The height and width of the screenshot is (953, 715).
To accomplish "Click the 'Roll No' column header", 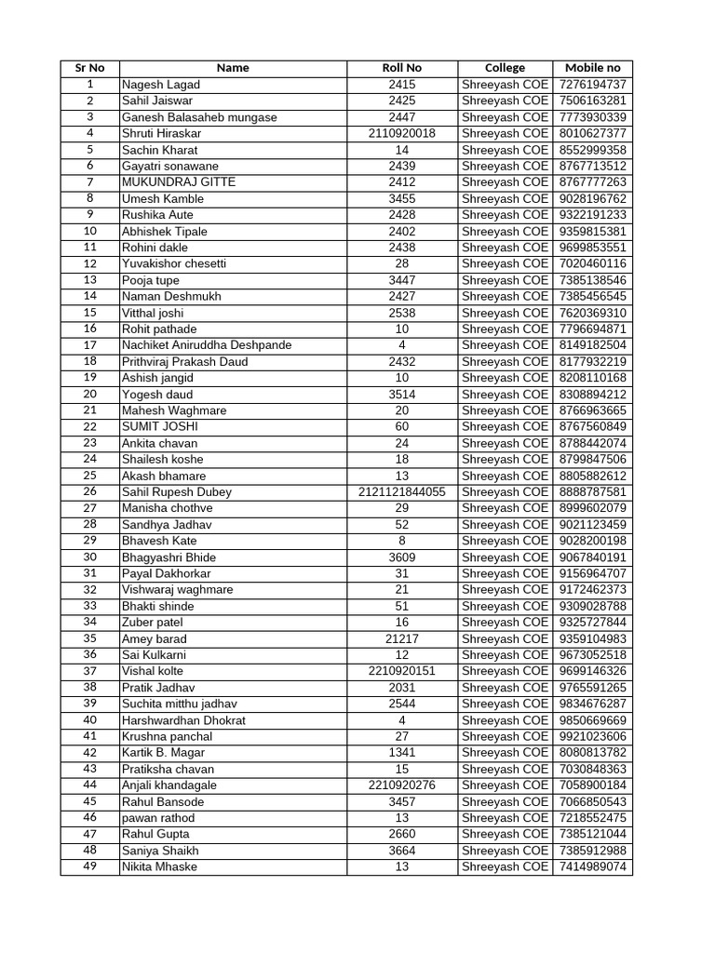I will point(401,68).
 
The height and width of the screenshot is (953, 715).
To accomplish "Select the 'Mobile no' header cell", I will point(592,68).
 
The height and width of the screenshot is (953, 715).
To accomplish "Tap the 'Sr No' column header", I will point(89,68).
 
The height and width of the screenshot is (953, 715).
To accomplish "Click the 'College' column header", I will point(505,68).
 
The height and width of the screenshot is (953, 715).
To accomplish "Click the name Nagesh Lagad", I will point(161,85).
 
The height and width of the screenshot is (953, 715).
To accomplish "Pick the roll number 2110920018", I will point(401,133).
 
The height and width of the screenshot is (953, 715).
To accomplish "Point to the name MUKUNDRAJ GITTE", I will point(179,182).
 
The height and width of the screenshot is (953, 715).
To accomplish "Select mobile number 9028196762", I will point(592,198).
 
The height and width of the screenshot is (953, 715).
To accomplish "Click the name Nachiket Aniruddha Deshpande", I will point(207,345).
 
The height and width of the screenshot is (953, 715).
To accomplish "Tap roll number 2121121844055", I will point(401,491).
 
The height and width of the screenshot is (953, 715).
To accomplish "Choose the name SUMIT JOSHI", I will point(160,426).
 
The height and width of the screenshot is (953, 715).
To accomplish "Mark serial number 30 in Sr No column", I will point(89,557).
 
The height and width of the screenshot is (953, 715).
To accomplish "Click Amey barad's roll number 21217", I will point(401,638).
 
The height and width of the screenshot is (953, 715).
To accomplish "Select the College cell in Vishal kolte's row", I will point(505,671).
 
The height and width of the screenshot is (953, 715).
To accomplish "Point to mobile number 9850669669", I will point(592,720).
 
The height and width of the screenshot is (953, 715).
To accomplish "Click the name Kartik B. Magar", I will point(164,752).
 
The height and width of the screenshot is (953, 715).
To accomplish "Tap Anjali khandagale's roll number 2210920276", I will point(401,785).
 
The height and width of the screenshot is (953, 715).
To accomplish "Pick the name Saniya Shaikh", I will point(160,851).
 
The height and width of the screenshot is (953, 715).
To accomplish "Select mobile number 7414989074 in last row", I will point(592,866).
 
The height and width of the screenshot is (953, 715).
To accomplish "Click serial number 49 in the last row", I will point(89,866).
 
